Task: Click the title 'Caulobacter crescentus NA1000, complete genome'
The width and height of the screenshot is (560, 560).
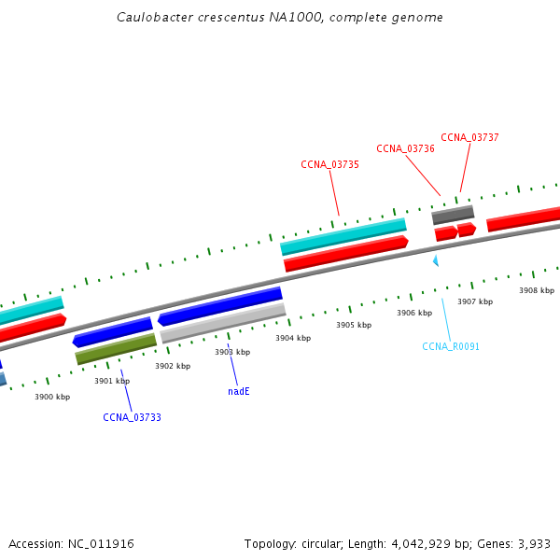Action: [280, 18]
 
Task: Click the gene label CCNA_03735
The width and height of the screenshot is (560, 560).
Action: [329, 164]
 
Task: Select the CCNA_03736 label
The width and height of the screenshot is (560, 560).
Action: [405, 148]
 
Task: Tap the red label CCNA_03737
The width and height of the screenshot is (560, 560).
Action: [469, 137]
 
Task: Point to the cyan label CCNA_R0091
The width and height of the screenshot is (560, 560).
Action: [451, 346]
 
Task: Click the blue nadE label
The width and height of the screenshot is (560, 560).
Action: [239, 391]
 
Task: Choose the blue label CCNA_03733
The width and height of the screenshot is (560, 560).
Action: [132, 417]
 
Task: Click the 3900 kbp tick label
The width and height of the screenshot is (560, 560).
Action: [52, 397]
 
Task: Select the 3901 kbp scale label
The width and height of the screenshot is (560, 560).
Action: [112, 381]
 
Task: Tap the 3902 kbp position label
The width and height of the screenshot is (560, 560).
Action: [173, 366]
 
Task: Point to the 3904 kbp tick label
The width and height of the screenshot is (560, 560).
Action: [293, 338]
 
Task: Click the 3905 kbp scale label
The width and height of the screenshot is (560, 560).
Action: [354, 325]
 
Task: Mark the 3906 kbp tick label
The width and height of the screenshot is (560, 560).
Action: [413, 313]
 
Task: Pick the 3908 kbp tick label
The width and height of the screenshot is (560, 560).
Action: [537, 290]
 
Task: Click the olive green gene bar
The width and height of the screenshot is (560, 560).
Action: [116, 349]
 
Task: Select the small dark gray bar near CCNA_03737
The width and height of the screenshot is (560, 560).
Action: [453, 215]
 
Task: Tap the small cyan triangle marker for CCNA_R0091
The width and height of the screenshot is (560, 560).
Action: [435, 261]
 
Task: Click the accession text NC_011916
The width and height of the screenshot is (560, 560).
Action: [72, 543]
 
